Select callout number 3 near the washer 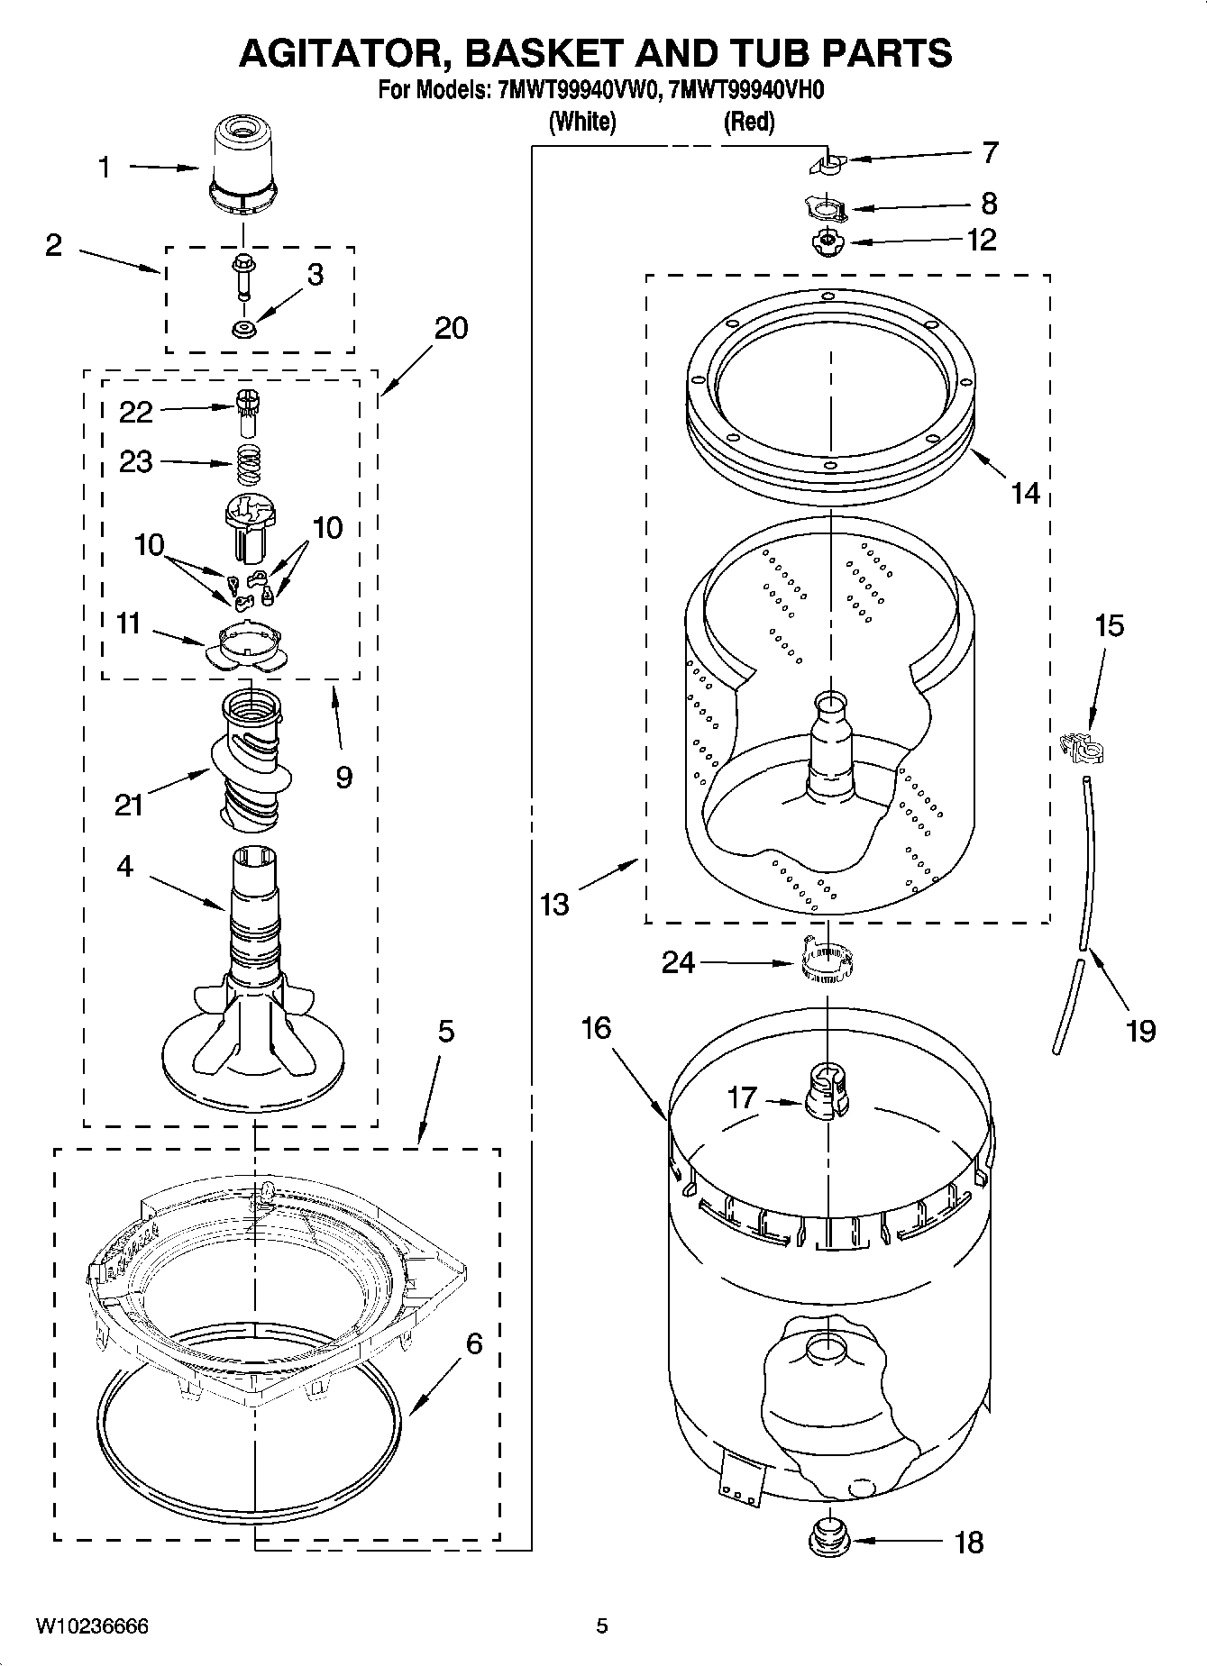point(315,275)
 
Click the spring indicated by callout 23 point(245,466)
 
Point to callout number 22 point(135,412)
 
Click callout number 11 point(128,624)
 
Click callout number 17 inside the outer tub point(742,1097)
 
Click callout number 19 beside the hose point(1140,1029)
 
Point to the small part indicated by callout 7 point(828,165)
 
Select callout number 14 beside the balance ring point(1025,493)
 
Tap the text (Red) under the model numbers point(749,122)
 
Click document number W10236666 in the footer point(92,1625)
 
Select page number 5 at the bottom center point(602,1625)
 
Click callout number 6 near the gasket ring point(474,1344)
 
